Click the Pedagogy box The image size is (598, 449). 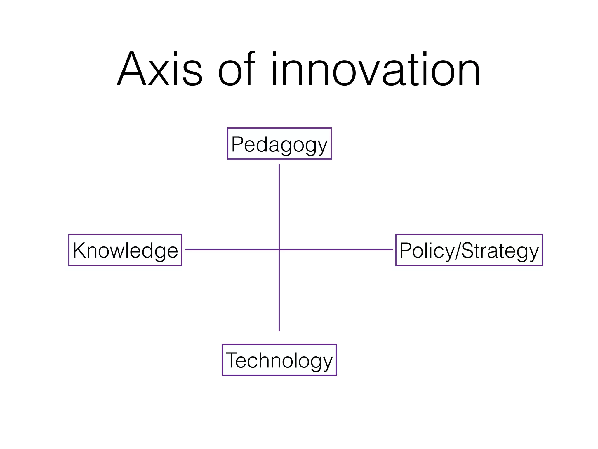[279, 144]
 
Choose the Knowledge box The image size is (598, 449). [125, 250]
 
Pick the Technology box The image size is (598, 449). [279, 360]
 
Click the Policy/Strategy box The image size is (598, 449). [469, 250]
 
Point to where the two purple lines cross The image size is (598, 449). [279, 250]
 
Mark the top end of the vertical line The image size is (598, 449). [279, 165]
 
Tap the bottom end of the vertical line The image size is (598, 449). [279, 331]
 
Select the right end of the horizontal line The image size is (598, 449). [392, 250]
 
